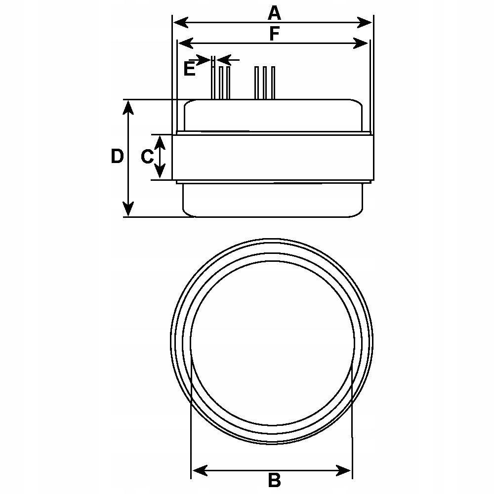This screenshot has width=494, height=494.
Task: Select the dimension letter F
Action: [x=275, y=34]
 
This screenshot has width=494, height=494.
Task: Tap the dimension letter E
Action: [x=189, y=69]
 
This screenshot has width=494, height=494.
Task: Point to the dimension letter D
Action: [x=117, y=157]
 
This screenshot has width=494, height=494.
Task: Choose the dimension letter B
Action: [x=274, y=479]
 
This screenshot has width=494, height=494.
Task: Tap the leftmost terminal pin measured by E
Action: [x=212, y=82]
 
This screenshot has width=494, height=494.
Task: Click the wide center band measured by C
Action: [x=272, y=157]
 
